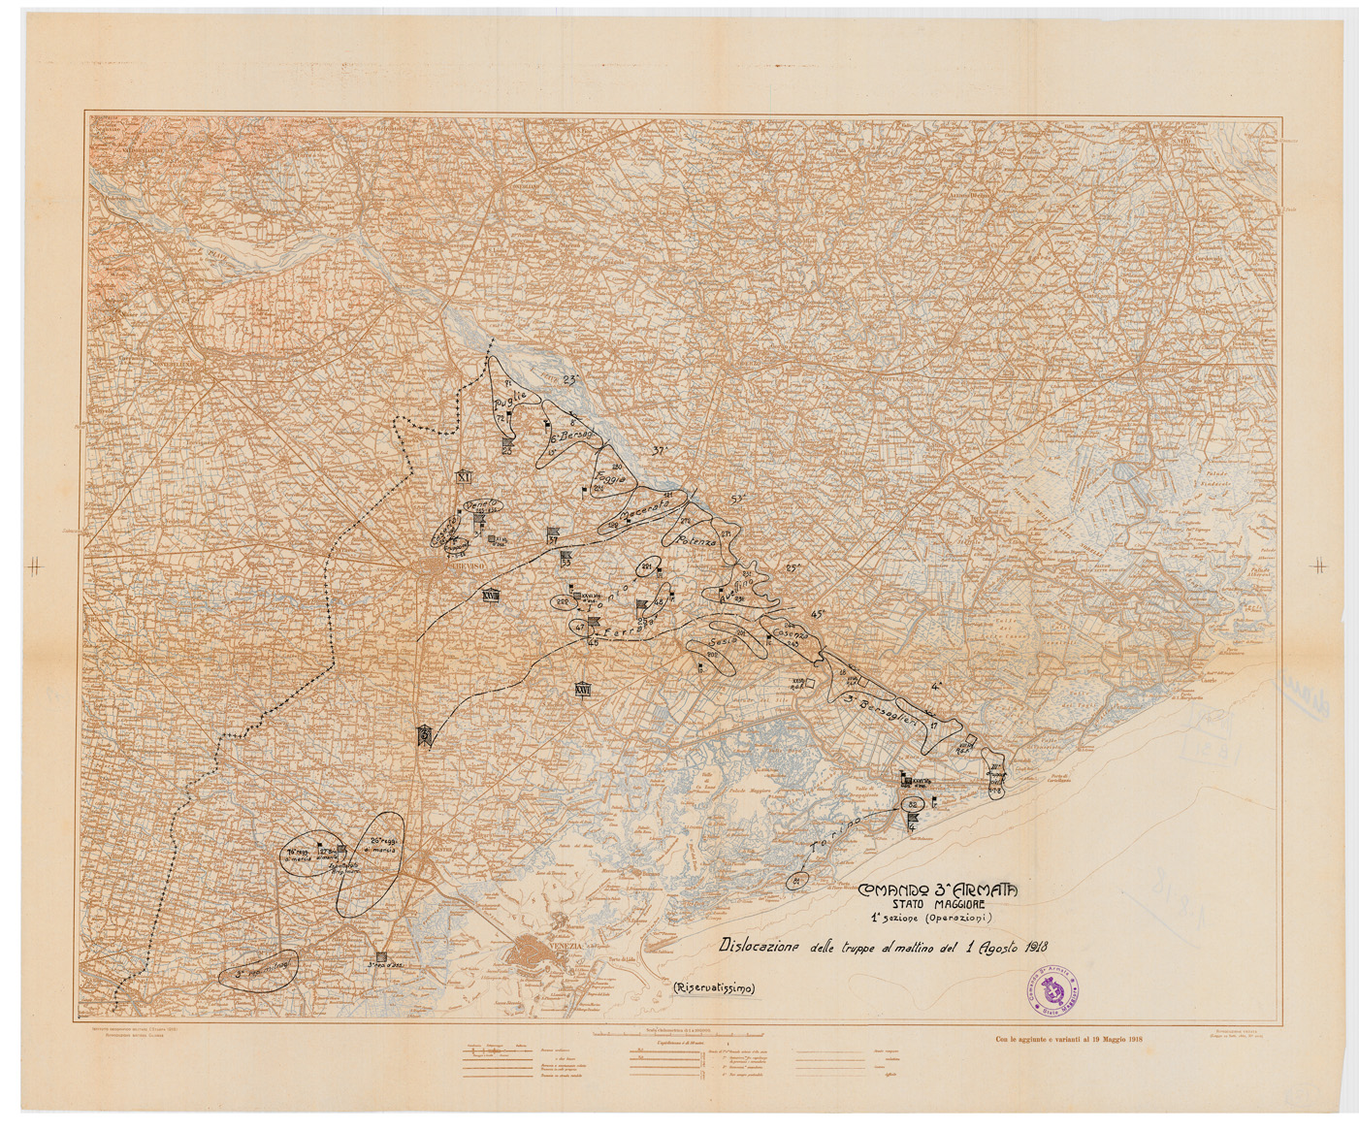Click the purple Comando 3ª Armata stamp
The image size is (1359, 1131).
[x=1052, y=991]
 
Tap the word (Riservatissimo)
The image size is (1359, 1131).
[x=713, y=988]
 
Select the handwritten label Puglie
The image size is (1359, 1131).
[x=509, y=399]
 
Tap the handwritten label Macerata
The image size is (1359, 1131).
[x=645, y=513]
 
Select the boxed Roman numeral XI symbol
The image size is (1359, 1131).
[x=463, y=476]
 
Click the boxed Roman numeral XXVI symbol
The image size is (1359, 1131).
[x=583, y=689]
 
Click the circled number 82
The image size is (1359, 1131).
[x=912, y=805]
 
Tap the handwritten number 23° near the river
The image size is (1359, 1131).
[x=570, y=378]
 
